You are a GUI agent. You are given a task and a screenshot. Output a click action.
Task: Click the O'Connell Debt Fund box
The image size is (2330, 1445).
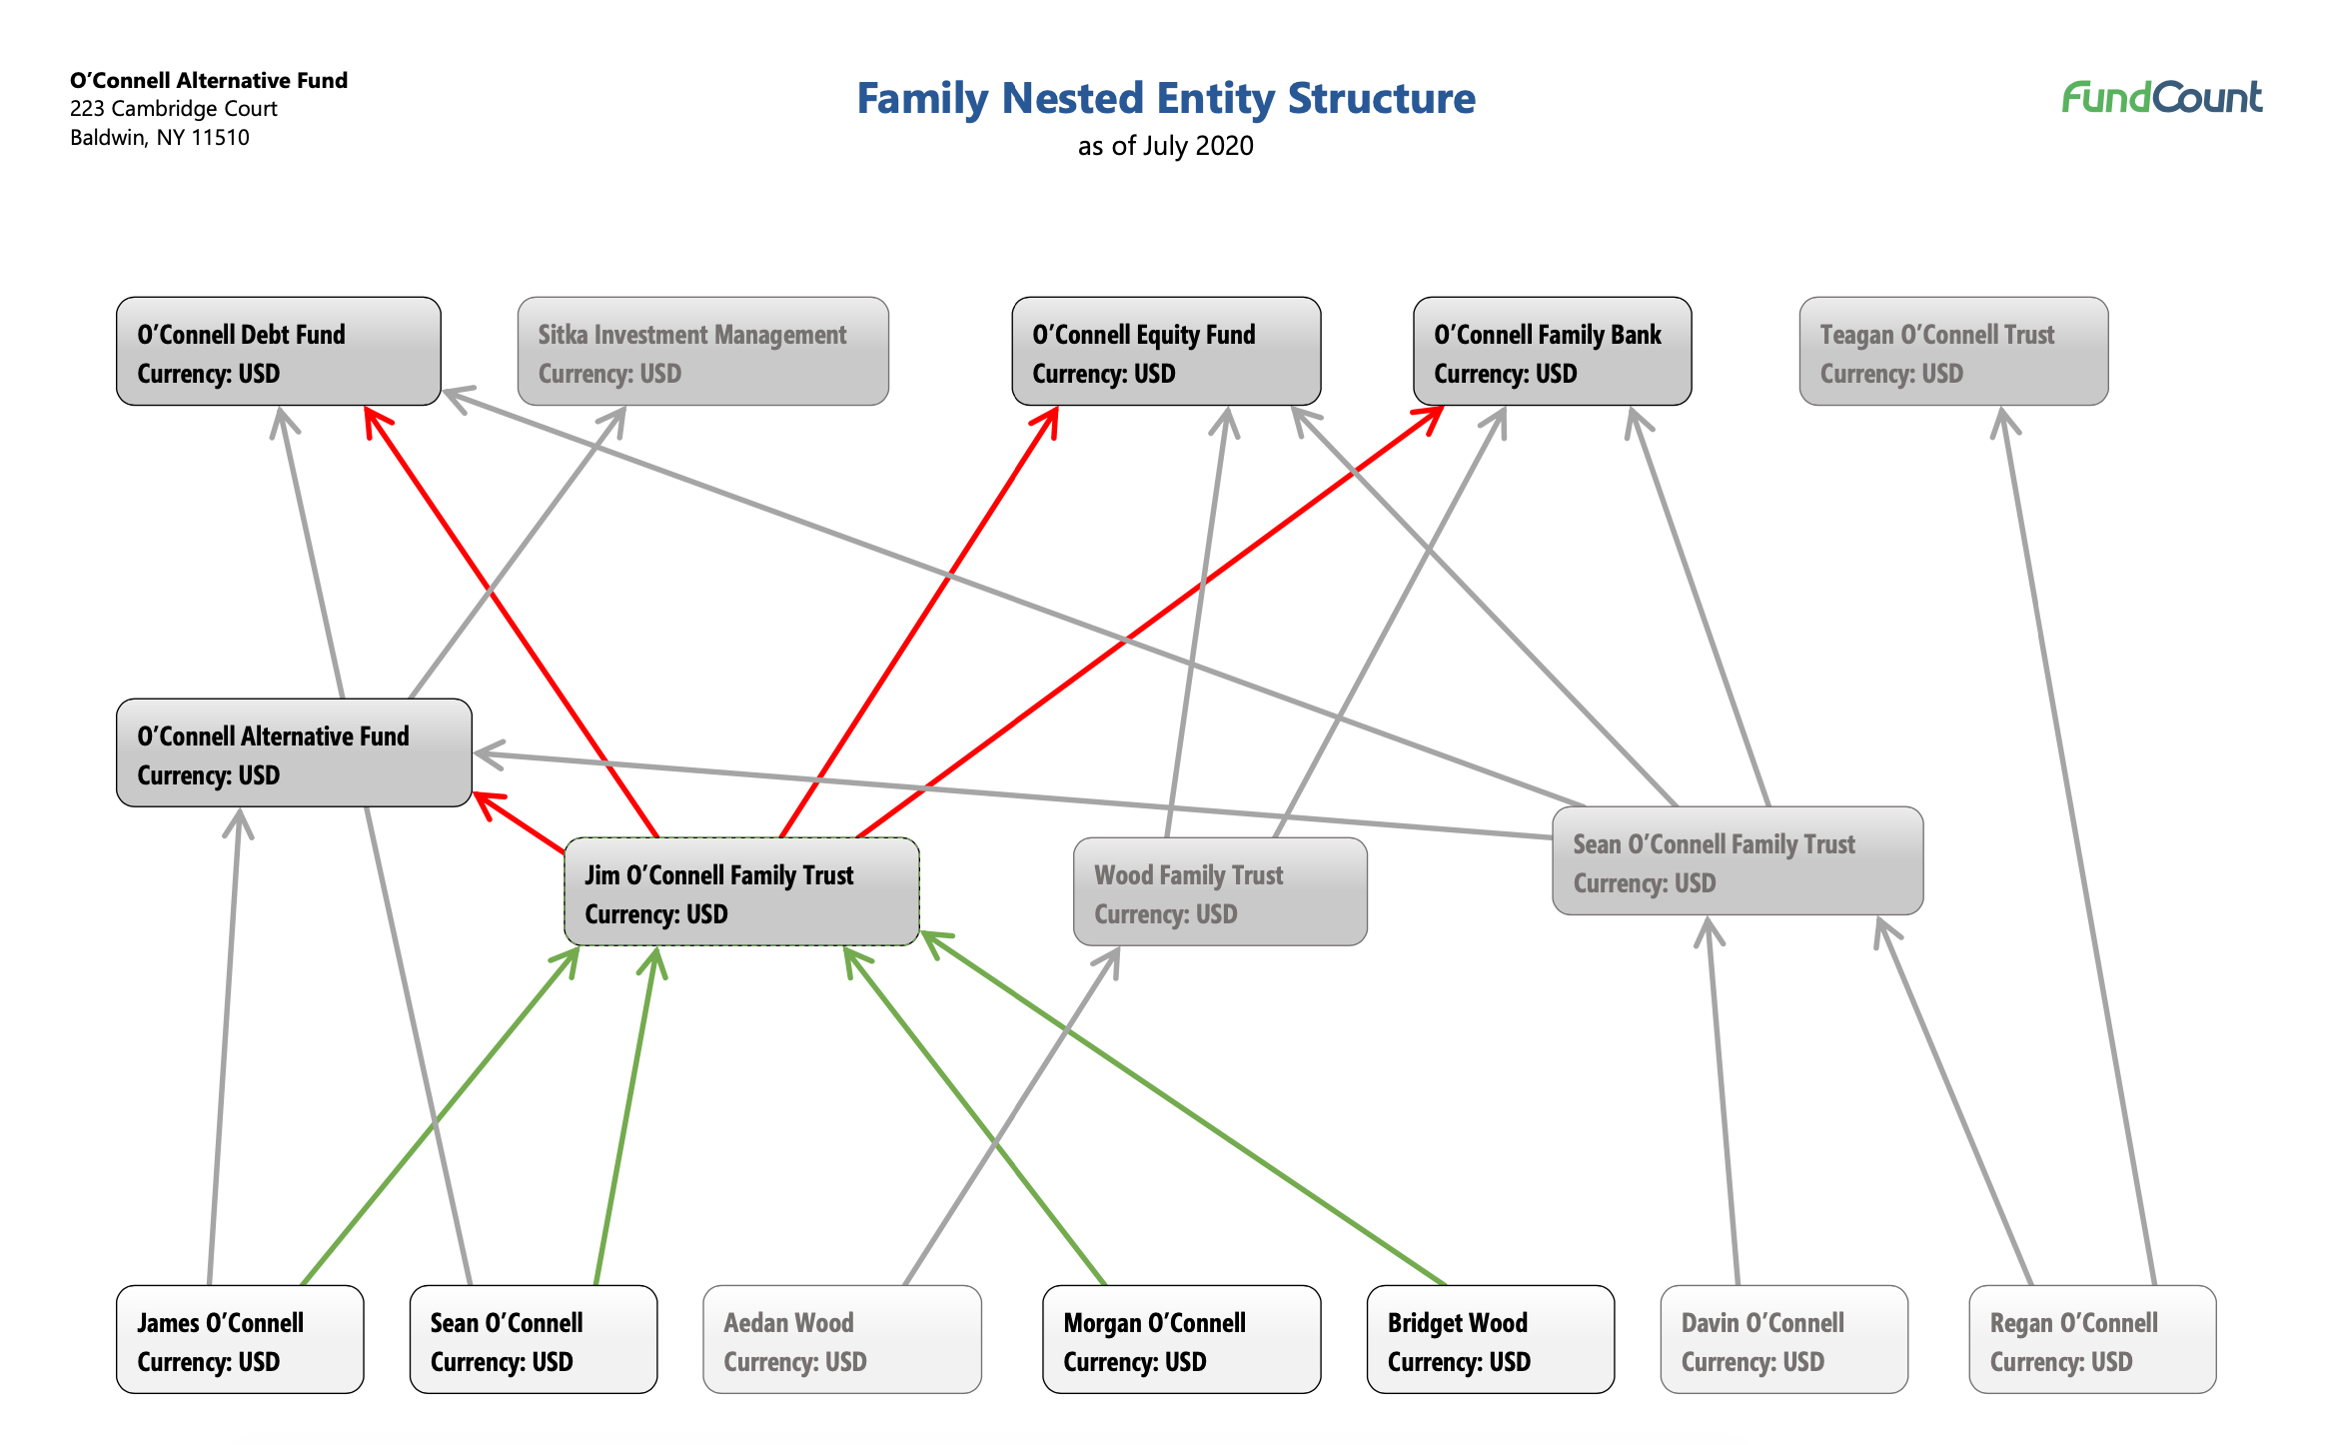pos(279,351)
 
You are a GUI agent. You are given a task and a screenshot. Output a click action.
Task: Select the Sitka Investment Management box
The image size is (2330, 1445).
pos(703,351)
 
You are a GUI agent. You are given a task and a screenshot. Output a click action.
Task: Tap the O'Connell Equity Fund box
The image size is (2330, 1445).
pos(1166,351)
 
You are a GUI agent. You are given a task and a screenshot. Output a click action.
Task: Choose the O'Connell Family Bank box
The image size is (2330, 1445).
pos(1553,351)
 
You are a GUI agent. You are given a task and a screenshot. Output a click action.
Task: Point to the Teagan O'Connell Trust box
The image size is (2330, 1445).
pos(1954,351)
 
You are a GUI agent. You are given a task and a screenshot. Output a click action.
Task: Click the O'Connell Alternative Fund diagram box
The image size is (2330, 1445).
pos(294,752)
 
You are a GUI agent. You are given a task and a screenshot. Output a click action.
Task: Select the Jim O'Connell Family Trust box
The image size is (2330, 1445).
pos(741,891)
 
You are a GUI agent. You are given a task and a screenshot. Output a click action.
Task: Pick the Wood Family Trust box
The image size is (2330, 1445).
pos(1220,891)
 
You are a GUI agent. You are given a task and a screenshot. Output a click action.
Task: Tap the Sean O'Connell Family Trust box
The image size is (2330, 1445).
pos(1738,860)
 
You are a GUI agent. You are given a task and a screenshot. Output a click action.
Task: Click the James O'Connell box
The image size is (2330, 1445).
pos(240,1339)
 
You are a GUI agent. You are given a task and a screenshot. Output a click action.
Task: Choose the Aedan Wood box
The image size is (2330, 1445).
pos(842,1339)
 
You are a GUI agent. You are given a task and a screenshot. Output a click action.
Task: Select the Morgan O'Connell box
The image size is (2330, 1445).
pos(1182,1339)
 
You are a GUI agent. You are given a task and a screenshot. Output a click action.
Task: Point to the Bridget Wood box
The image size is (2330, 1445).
pos(1491,1339)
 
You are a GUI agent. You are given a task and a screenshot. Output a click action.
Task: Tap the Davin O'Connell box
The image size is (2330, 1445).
pos(1784,1339)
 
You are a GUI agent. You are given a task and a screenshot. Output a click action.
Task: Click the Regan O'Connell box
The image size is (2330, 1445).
pos(2092,1339)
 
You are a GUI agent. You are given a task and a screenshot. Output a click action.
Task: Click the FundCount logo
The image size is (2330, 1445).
pos(2162,97)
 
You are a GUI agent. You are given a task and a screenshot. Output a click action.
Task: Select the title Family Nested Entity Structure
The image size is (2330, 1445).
pos(1166,98)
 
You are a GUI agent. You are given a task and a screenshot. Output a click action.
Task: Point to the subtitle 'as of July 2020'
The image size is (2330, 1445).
pos(1166,146)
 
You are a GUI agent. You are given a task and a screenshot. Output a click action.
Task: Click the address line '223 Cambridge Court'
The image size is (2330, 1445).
pos(174,109)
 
